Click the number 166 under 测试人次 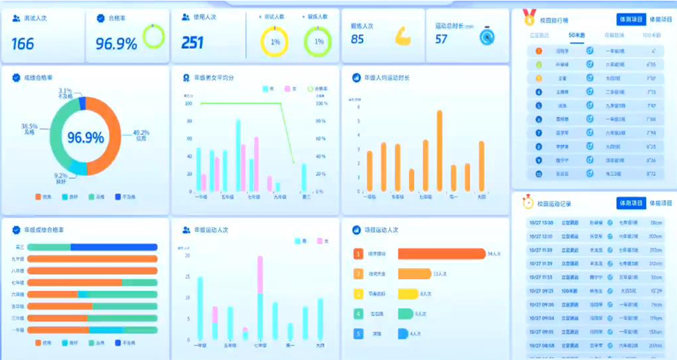pos(22,44)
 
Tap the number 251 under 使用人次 pos(193,43)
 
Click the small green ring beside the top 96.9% pos(154,36)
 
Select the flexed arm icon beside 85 pos(403,35)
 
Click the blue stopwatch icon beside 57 pos(486,35)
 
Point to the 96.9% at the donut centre pos(86,138)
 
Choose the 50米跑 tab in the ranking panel pos(577,35)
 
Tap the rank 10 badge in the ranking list pos(538,174)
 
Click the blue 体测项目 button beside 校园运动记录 pos(631,203)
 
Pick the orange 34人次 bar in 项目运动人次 pos(440,254)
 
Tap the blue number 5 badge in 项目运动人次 pos(358,334)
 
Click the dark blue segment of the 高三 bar pos(113,248)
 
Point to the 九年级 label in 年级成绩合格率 pos(17,259)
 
